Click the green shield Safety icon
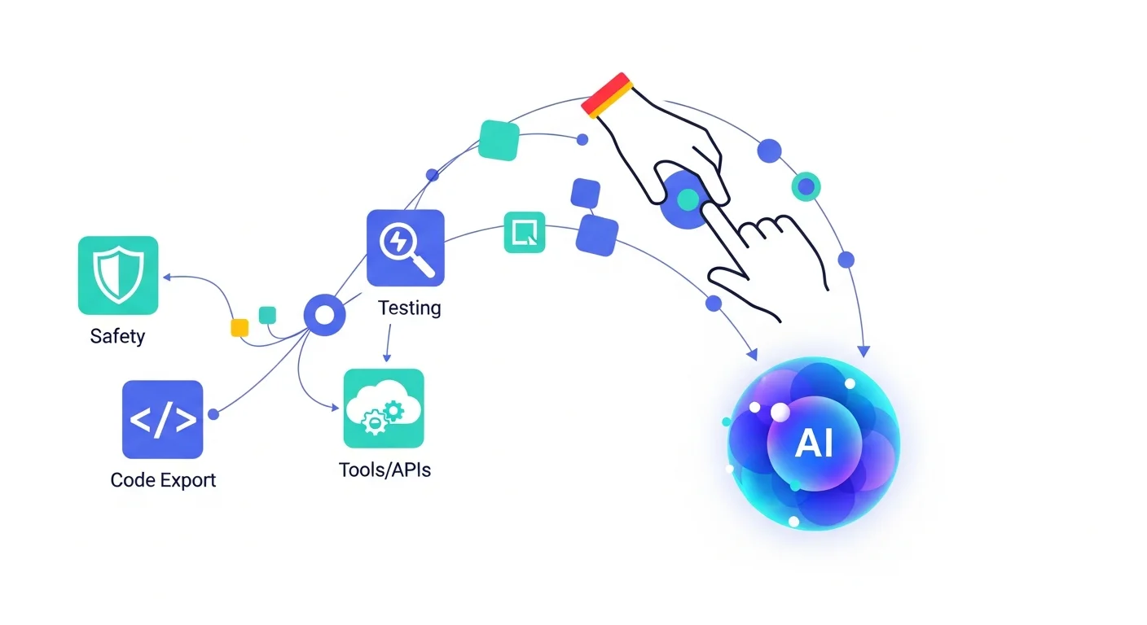tap(118, 275)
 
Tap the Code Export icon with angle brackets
tap(162, 419)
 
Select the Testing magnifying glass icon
tap(405, 247)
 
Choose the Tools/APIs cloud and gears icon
tap(384, 408)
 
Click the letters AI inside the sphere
tap(814, 444)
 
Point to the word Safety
tap(118, 336)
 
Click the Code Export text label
tap(163, 479)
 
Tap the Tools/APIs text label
tap(385, 470)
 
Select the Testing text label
tap(410, 308)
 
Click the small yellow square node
tap(240, 327)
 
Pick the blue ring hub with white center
tap(324, 316)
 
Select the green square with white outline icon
tap(525, 232)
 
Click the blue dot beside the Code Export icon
tap(213, 414)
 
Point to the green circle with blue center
tap(806, 186)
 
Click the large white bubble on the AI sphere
tap(780, 413)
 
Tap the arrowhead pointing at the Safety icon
tap(166, 277)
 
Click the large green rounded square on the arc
tap(499, 140)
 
